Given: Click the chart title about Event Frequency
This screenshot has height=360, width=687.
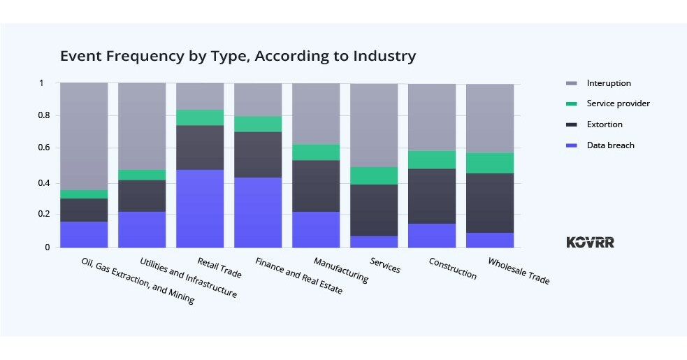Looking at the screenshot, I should click(238, 56).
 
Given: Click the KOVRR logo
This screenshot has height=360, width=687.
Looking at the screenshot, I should click(590, 242).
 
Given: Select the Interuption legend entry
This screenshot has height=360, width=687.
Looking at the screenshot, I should click(608, 83).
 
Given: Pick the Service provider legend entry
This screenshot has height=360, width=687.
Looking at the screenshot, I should click(618, 103).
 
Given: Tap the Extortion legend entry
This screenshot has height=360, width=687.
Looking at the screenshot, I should click(605, 124).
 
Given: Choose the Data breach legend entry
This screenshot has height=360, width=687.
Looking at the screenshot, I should click(610, 145).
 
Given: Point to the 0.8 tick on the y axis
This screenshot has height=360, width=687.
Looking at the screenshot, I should click(45, 116).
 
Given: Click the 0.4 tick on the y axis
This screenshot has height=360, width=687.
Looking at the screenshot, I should click(45, 182).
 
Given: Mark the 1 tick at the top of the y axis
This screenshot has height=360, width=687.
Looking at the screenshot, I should click(41, 83).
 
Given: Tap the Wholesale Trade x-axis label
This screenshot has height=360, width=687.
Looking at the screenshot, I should click(519, 271).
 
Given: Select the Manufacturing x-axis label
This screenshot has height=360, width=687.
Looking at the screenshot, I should click(341, 269).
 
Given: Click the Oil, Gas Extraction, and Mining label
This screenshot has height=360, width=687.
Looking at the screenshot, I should click(138, 281).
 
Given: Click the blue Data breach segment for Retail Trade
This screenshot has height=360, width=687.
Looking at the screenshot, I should click(200, 208).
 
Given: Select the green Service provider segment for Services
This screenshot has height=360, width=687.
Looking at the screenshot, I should click(374, 175).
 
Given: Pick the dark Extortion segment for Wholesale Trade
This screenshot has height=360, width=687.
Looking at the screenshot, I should click(490, 203).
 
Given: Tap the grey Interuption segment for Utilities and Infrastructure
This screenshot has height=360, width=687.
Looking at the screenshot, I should click(142, 126).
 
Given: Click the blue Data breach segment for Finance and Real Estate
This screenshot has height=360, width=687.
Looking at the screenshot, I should click(258, 212).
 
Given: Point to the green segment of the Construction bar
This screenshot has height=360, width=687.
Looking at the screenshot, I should click(432, 159).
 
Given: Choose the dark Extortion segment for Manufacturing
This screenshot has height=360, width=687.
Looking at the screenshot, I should click(316, 186).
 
